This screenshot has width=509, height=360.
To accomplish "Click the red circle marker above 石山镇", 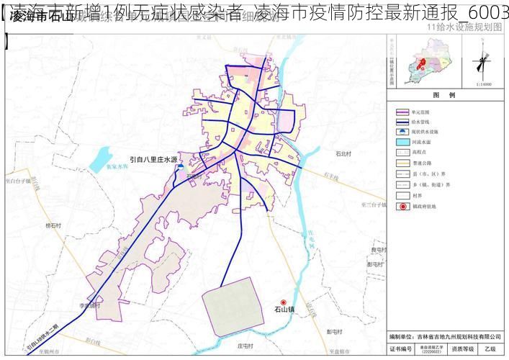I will [x=283, y=302].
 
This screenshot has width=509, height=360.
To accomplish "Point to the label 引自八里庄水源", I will [x=153, y=160].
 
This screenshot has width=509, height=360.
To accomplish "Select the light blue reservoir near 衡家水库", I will [x=101, y=159].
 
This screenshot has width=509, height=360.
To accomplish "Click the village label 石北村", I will [x=343, y=153].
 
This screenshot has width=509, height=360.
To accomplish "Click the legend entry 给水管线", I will [x=420, y=122].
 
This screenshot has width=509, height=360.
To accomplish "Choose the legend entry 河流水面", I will [x=420, y=143].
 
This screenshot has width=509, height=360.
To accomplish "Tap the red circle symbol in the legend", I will [x=402, y=207].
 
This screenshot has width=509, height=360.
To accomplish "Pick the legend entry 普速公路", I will [x=420, y=163].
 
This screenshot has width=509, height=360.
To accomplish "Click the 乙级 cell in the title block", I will [x=490, y=348].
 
